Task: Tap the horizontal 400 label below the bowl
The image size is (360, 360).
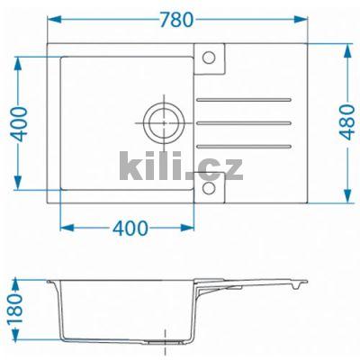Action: point(131,228)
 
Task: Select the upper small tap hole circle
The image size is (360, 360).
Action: point(209,58)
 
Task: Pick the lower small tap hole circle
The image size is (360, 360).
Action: point(209,187)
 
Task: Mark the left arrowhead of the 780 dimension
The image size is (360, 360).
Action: point(49,17)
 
